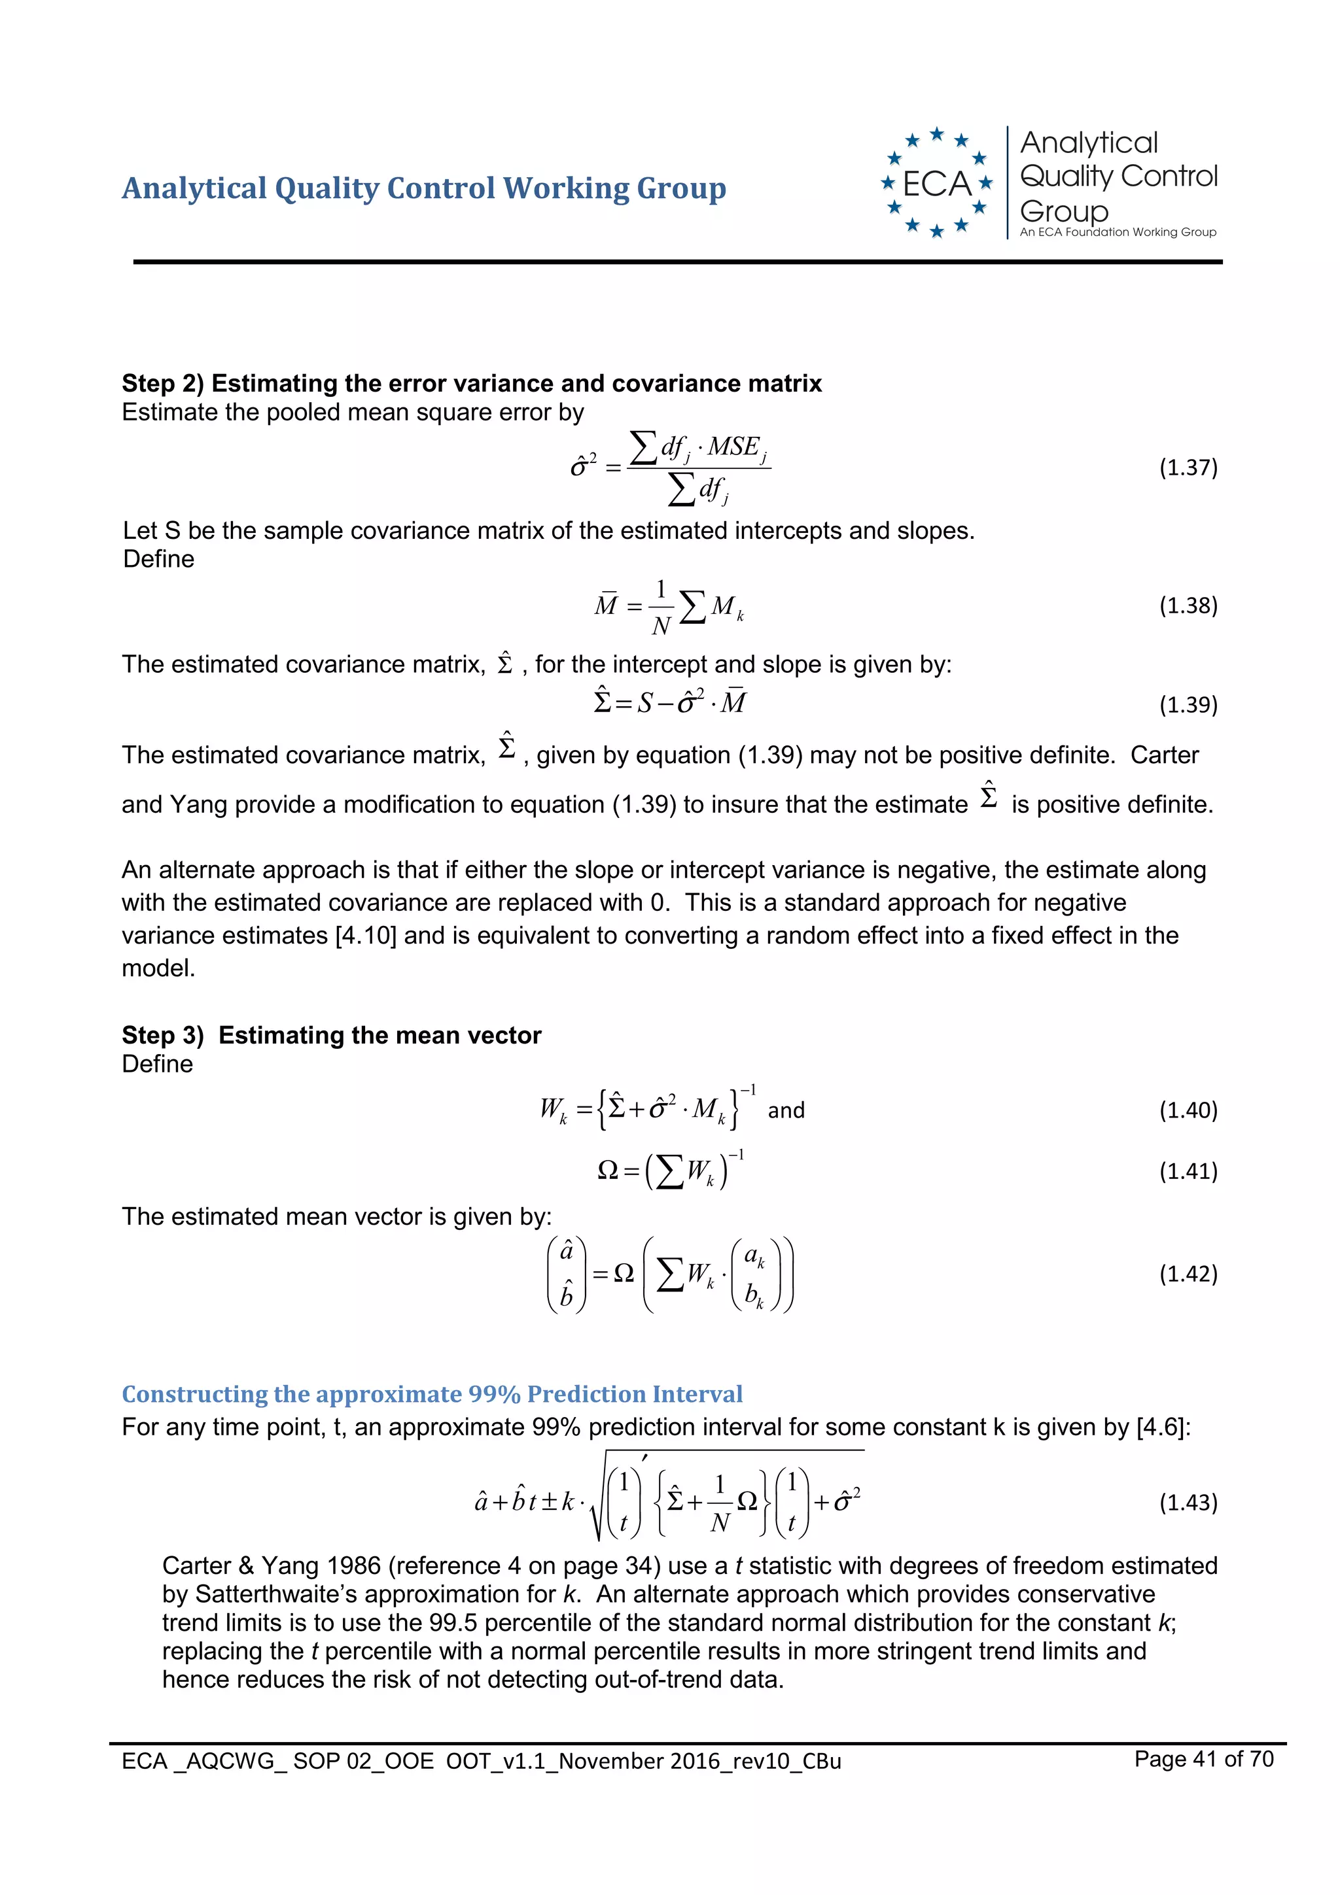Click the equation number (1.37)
point(1188,468)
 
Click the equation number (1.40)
point(1188,1110)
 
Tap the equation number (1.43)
point(1188,1502)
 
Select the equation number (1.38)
point(1188,606)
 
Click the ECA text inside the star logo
point(936,183)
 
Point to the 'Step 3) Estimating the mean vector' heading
point(331,1035)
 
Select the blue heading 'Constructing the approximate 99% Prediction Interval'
point(432,1394)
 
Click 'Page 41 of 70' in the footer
point(1203,1759)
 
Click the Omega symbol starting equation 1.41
point(607,1170)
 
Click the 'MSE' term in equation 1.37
point(734,447)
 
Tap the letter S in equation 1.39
point(644,703)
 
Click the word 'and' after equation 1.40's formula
point(785,1111)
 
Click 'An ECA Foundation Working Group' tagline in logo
point(1117,232)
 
